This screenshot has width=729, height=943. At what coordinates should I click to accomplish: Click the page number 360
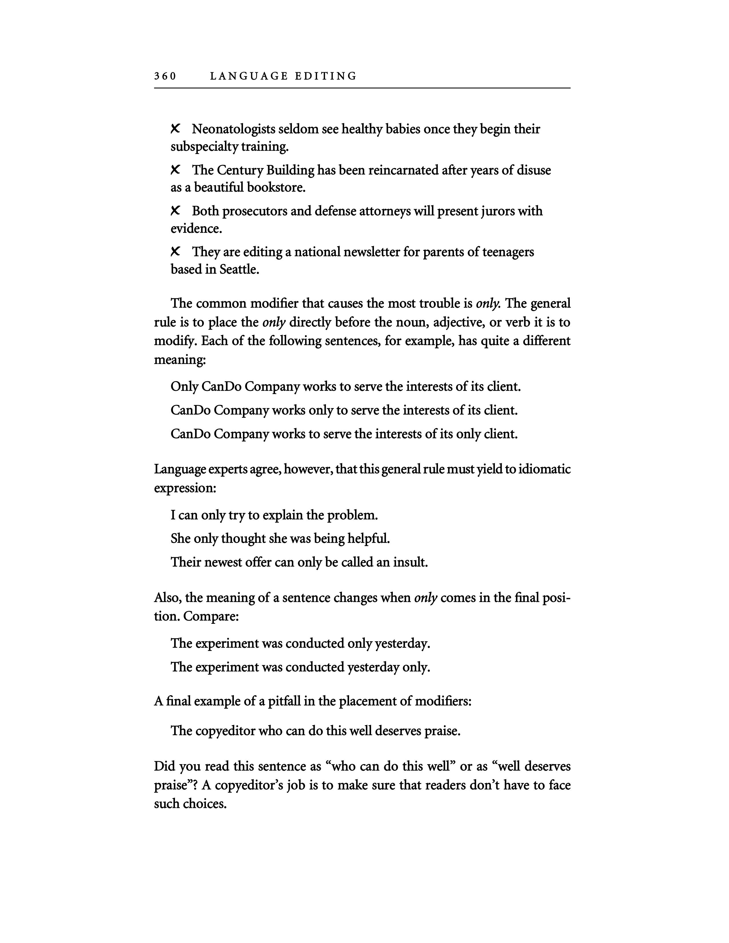165,76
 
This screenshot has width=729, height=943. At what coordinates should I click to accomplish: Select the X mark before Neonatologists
175,128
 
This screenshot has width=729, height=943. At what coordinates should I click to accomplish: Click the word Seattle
239,269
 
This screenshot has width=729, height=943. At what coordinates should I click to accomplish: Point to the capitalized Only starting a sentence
184,386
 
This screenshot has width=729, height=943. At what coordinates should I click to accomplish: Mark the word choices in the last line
204,804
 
